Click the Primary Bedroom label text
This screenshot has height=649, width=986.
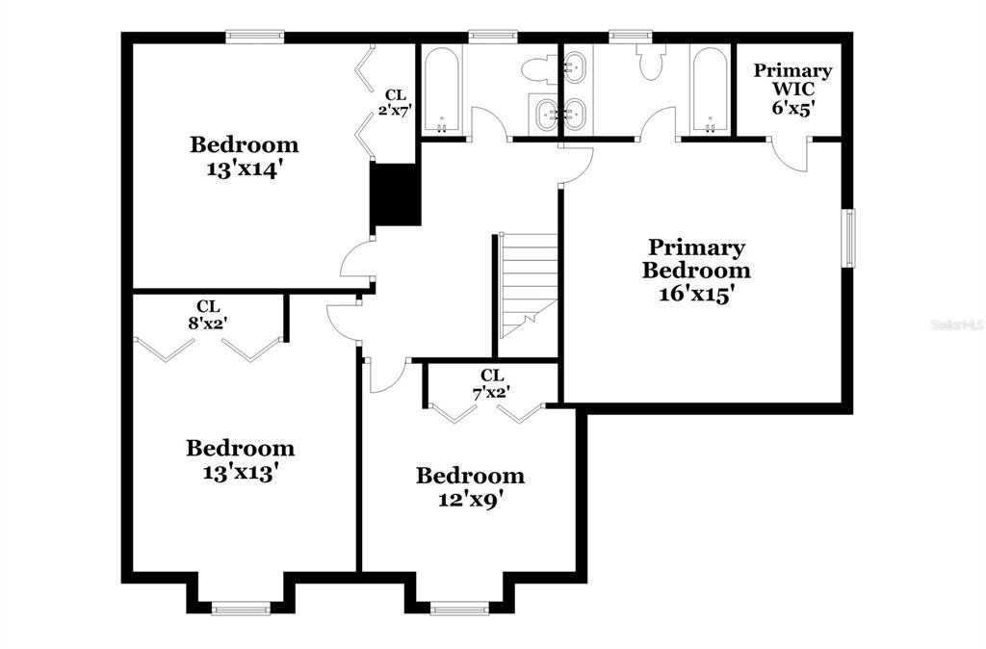(x=696, y=259)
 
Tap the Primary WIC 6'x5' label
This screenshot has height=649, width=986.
(x=792, y=89)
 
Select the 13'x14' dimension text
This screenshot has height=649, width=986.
(x=242, y=169)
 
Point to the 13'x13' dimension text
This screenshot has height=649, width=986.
(x=240, y=472)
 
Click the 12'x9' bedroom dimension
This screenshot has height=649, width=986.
(x=470, y=500)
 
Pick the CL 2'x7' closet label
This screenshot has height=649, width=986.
(x=394, y=103)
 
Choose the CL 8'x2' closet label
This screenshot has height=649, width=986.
(x=208, y=315)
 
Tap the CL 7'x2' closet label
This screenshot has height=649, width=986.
(x=491, y=383)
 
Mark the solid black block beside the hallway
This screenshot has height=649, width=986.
(x=396, y=195)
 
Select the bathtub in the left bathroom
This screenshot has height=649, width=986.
(x=442, y=91)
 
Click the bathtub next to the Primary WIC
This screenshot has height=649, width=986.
(x=711, y=91)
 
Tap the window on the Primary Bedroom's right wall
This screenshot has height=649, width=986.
(x=849, y=238)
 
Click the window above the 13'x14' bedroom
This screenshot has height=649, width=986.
(x=254, y=37)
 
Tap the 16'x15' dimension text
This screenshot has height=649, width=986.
(x=697, y=294)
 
